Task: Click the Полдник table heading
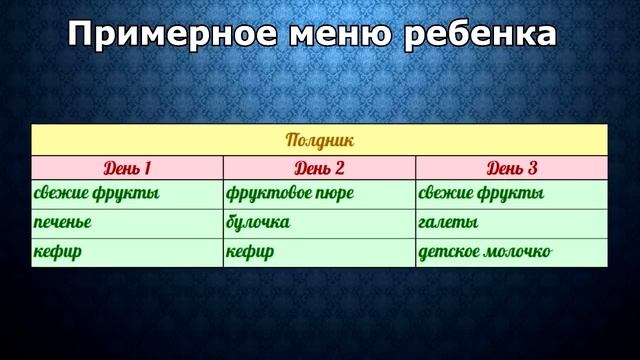click(x=319, y=141)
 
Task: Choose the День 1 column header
click(x=127, y=167)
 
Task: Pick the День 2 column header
click(x=320, y=167)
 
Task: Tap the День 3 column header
click(x=512, y=167)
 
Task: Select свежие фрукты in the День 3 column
click(x=481, y=193)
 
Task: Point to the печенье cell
click(x=63, y=222)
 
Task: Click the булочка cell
click(x=259, y=222)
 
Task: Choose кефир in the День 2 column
click(x=251, y=252)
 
